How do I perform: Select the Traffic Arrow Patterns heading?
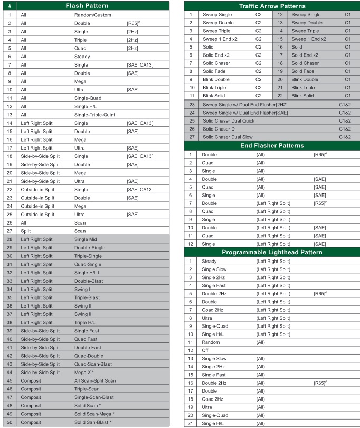pyautogui.click(x=272, y=6)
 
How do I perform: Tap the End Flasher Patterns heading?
pyautogui.click(x=272, y=145)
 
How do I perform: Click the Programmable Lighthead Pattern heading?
pyautogui.click(x=272, y=252)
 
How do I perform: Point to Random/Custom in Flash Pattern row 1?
pyautogui.click(x=92, y=15)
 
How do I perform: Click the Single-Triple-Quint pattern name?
pyautogui.click(x=95, y=115)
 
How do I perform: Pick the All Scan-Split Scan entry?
pyautogui.click(x=95, y=380)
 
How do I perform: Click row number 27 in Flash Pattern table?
pyautogui.click(x=10, y=231)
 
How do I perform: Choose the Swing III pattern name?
pyautogui.click(x=83, y=314)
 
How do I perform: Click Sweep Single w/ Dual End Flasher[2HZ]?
pyautogui.click(x=245, y=105)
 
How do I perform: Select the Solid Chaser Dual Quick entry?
pyautogui.click(x=229, y=121)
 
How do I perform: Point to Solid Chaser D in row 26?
pyautogui.click(x=219, y=129)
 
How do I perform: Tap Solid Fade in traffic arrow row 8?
pyautogui.click(x=214, y=71)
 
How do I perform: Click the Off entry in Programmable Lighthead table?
pyautogui.click(x=205, y=350)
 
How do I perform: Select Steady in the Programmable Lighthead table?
pyautogui.click(x=209, y=261)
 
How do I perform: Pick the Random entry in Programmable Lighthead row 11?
pyautogui.click(x=211, y=342)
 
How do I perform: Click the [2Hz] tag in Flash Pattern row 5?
pyautogui.click(x=132, y=48)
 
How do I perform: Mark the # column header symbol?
pyautogui.click(x=10, y=6)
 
